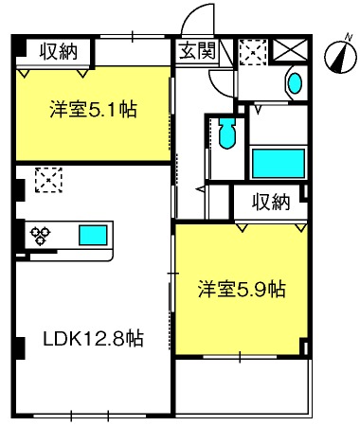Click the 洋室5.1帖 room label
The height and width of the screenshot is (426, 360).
(93, 109)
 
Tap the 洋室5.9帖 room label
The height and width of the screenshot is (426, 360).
(242, 289)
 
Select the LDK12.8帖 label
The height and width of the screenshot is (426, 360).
(94, 339)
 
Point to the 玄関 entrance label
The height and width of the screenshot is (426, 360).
(197, 50)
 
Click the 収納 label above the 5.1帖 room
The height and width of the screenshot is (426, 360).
(59, 51)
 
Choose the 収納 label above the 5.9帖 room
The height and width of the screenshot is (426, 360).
(271, 202)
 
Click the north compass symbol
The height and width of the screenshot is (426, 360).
(340, 56)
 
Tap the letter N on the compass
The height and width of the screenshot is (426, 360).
(349, 37)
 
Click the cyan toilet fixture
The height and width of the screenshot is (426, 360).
(227, 133)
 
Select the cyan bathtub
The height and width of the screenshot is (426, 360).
(279, 164)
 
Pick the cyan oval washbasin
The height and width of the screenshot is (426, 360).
(295, 83)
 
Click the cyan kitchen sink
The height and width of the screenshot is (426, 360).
(93, 236)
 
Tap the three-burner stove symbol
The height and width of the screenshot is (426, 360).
(40, 235)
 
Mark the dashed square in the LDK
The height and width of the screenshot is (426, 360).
(48, 180)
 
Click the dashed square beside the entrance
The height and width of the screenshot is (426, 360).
(253, 52)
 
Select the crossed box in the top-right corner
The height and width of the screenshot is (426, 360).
(290, 49)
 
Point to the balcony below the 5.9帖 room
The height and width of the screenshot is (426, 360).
(243, 387)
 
